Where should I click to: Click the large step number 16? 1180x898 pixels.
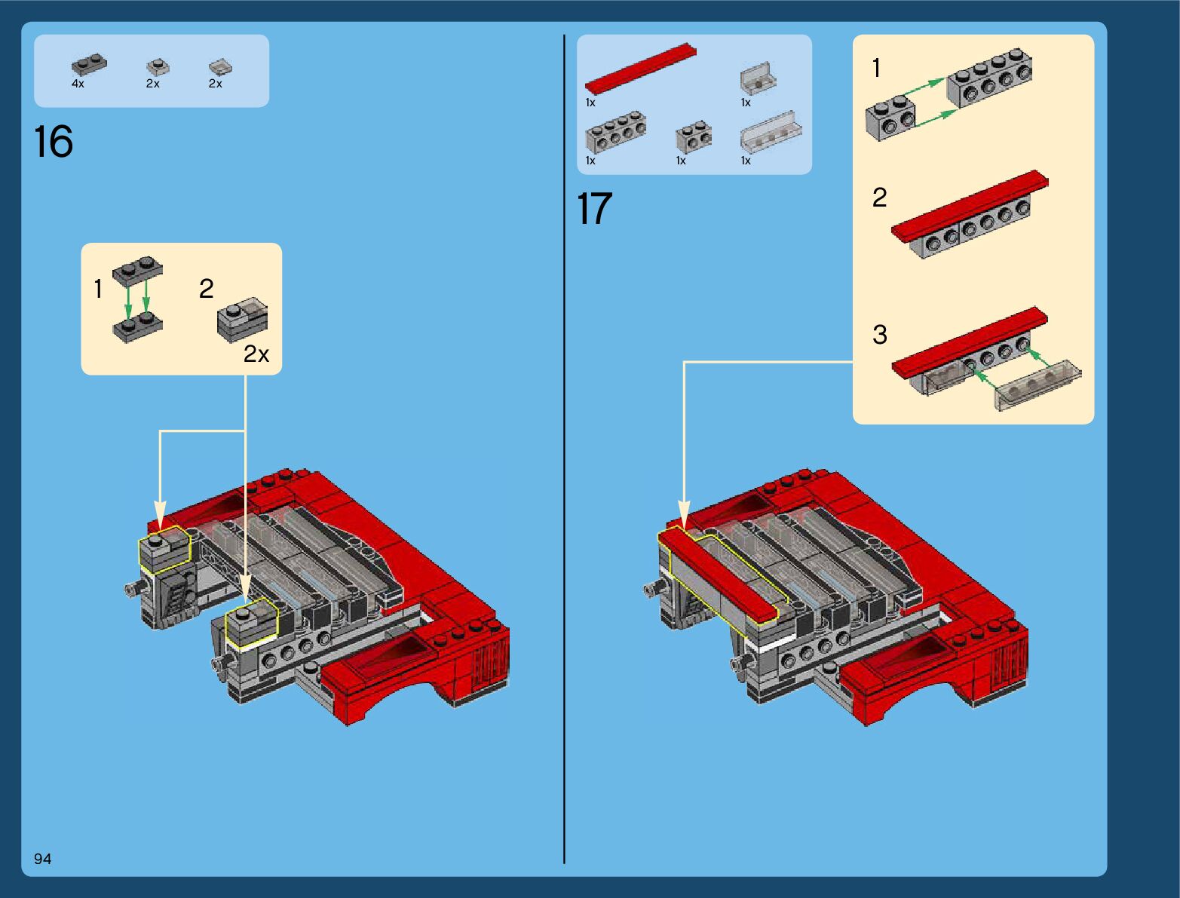[54, 142]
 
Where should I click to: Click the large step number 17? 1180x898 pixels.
[594, 209]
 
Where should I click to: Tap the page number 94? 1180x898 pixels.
[42, 859]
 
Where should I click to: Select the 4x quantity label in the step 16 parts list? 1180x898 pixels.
[78, 84]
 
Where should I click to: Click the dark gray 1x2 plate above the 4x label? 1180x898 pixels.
[89, 65]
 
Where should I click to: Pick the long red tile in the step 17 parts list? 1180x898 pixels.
[640, 69]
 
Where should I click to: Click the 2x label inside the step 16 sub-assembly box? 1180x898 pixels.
[256, 354]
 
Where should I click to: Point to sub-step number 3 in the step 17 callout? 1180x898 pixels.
[879, 335]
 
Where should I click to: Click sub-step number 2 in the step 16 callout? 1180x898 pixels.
[206, 289]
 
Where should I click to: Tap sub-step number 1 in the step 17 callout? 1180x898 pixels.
[876, 69]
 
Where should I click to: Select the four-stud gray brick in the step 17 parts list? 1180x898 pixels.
[616, 134]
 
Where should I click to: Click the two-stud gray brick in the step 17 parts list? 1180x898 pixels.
[694, 136]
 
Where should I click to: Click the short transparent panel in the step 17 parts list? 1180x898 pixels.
[757, 78]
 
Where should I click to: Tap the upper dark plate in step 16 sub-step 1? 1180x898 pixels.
[137, 271]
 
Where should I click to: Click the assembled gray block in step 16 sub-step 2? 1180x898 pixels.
[242, 320]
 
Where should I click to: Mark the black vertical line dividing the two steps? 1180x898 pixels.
[564, 452]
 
